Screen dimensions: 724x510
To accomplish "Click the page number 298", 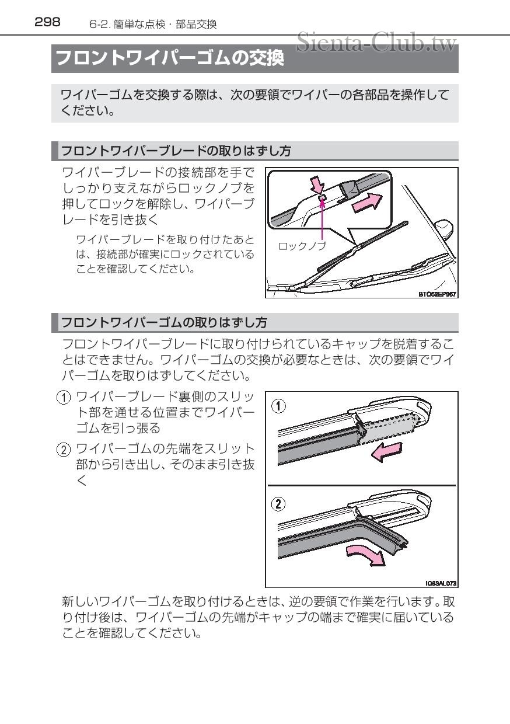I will click(x=47, y=23).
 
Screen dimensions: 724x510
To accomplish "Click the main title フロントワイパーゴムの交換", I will click(x=169, y=60).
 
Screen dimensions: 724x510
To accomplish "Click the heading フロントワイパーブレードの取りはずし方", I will click(x=176, y=151).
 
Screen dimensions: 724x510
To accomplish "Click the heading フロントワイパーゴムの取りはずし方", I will click(x=164, y=322).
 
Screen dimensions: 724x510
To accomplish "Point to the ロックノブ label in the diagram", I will click(x=302, y=246).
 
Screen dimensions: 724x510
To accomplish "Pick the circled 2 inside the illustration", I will click(x=281, y=503).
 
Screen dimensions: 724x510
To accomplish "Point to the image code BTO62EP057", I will click(x=437, y=294).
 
